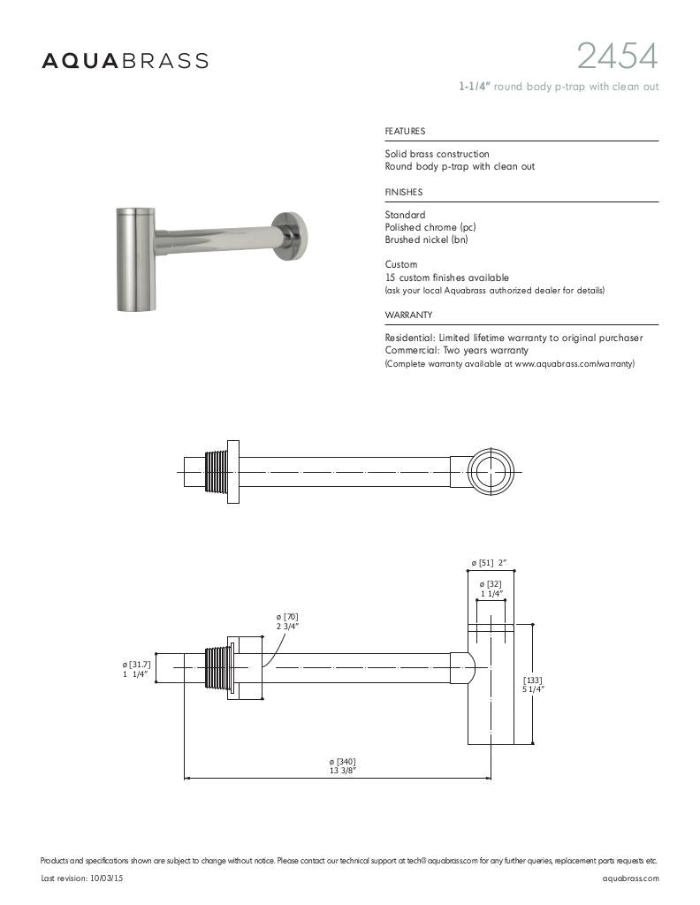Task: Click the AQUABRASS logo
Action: pyautogui.click(x=126, y=61)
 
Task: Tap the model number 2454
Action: pyautogui.click(x=617, y=57)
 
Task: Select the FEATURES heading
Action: pyautogui.click(x=405, y=132)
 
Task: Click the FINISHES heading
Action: pyautogui.click(x=403, y=193)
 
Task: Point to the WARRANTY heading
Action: pyautogui.click(x=408, y=316)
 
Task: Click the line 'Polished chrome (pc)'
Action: pyautogui.click(x=430, y=227)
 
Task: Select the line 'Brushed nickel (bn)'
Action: pyautogui.click(x=427, y=240)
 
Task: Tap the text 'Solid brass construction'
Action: pyautogui.click(x=437, y=154)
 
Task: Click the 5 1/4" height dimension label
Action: pyautogui.click(x=533, y=684)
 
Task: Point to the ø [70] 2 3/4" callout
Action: pyautogui.click(x=287, y=620)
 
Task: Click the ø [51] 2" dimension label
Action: pyautogui.click(x=489, y=563)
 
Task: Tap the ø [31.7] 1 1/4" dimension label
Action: pyautogui.click(x=136, y=669)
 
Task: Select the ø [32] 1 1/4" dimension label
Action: pyautogui.click(x=491, y=589)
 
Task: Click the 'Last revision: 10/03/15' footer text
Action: pyautogui.click(x=82, y=878)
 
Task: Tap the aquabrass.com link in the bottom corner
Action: pyautogui.click(x=630, y=878)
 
